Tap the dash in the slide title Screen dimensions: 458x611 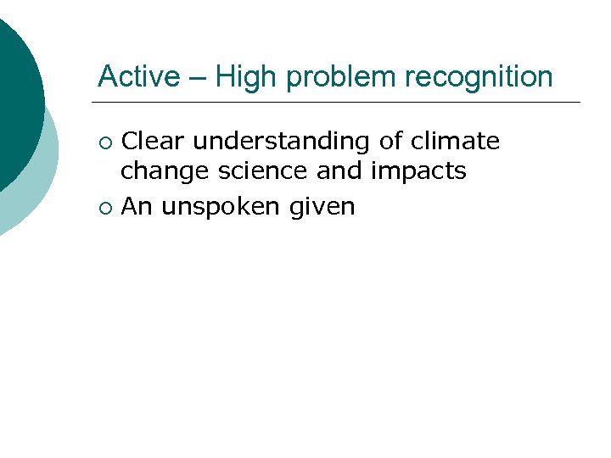tap(198, 78)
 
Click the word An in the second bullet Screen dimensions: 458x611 tap(136, 205)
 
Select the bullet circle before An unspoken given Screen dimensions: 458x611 tap(104, 206)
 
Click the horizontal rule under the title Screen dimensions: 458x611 tap(339, 103)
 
